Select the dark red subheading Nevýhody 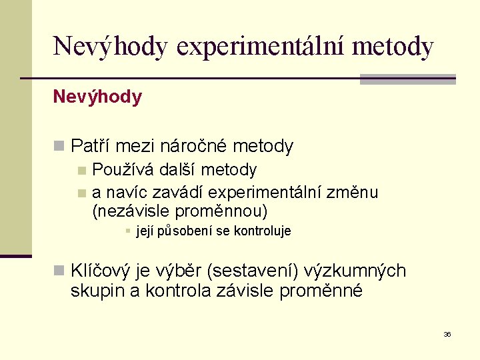pos(97,97)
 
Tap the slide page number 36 pos(447,334)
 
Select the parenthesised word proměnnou pos(221,212)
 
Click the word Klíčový pos(102,271)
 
